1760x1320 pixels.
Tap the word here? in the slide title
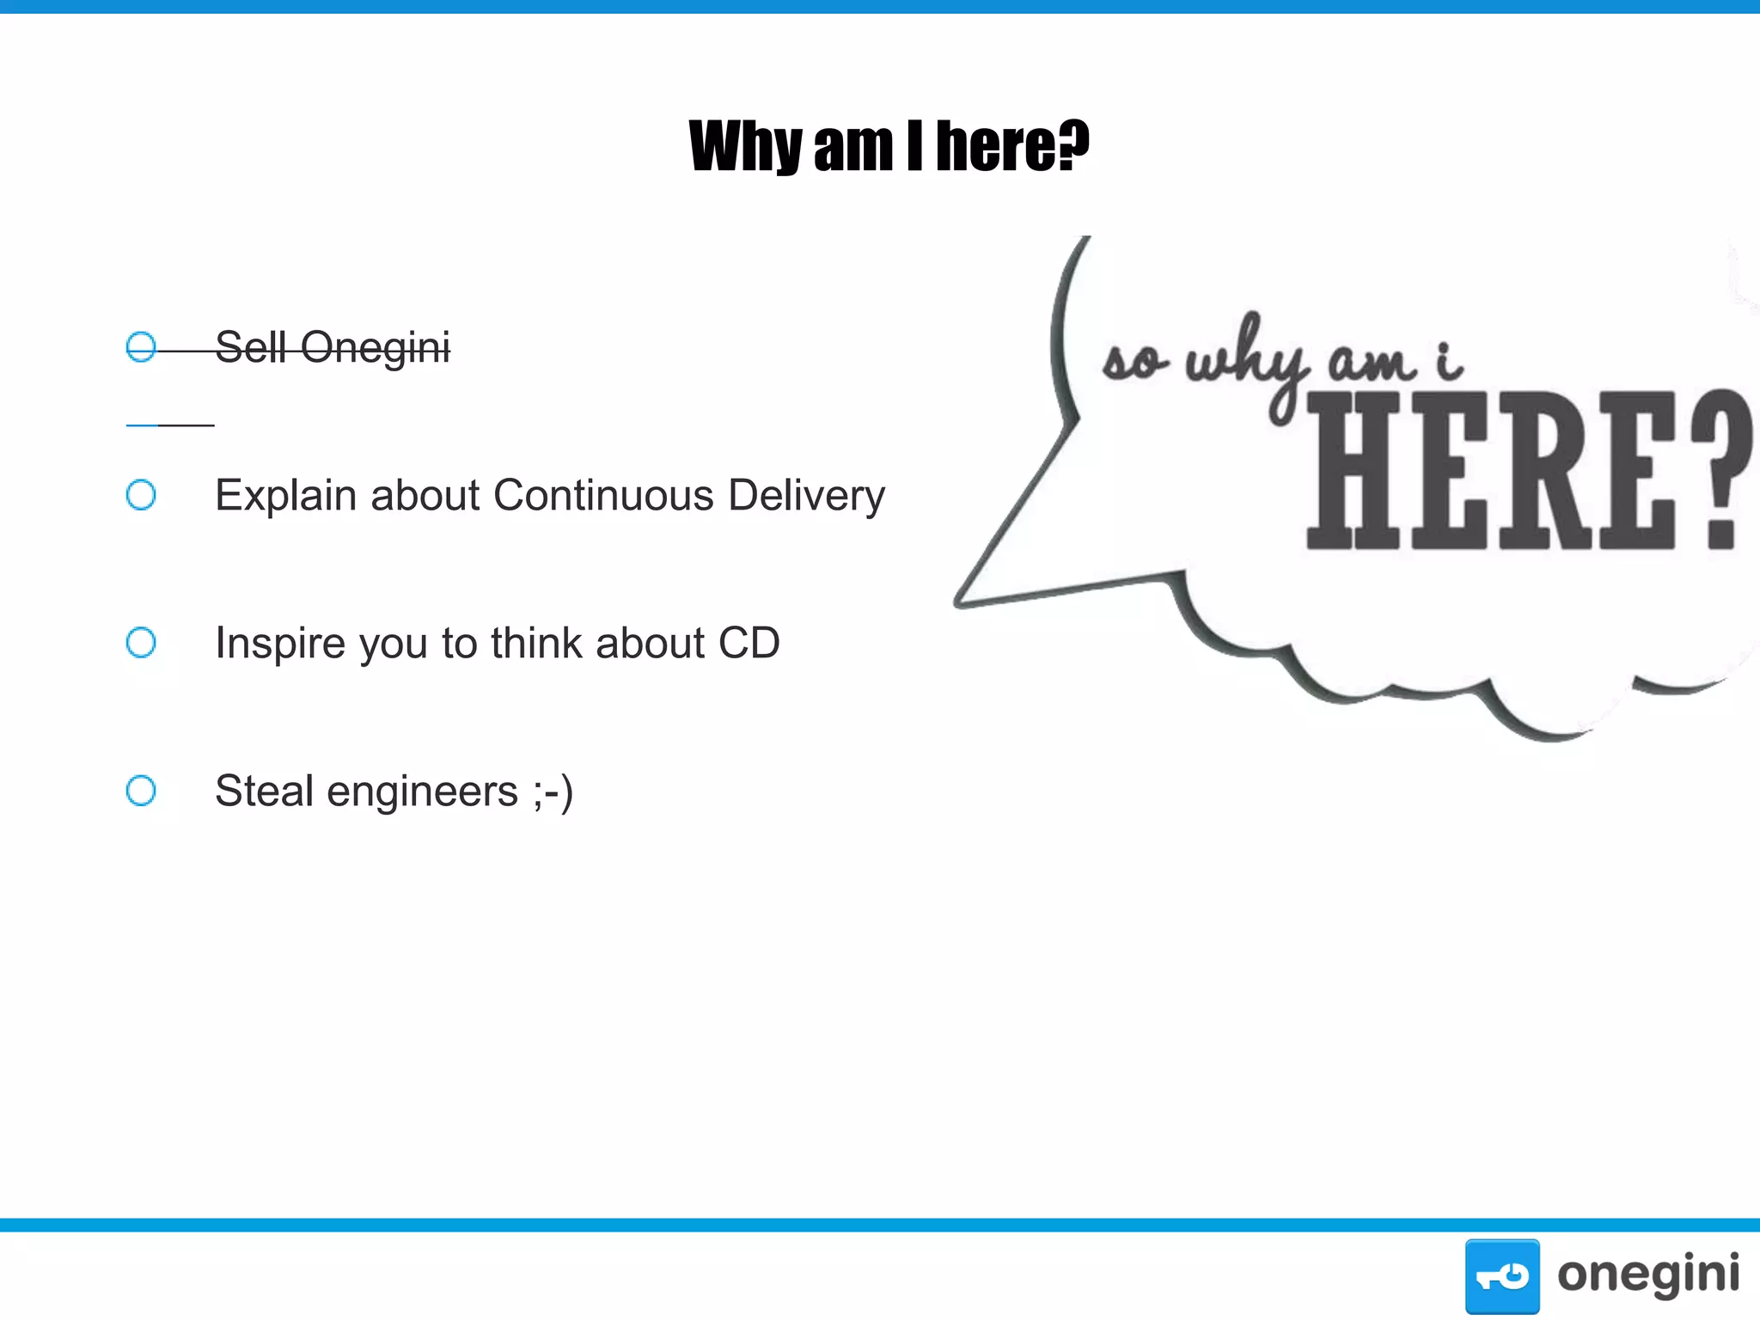[x=1012, y=146]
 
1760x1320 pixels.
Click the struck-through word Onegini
[x=375, y=348]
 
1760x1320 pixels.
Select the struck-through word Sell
[x=250, y=347]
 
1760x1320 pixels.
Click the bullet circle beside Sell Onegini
[x=141, y=347]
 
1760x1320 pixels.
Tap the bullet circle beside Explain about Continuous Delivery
[x=141, y=495]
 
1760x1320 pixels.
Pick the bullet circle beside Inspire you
[x=141, y=643]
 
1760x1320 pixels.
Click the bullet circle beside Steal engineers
[x=141, y=791]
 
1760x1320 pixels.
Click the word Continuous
[x=603, y=496]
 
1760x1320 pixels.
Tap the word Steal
[x=264, y=791]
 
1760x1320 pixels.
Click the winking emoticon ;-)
[x=553, y=792]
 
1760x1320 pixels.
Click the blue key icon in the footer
[x=1502, y=1276]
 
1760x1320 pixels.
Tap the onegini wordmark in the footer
[x=1648, y=1274]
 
